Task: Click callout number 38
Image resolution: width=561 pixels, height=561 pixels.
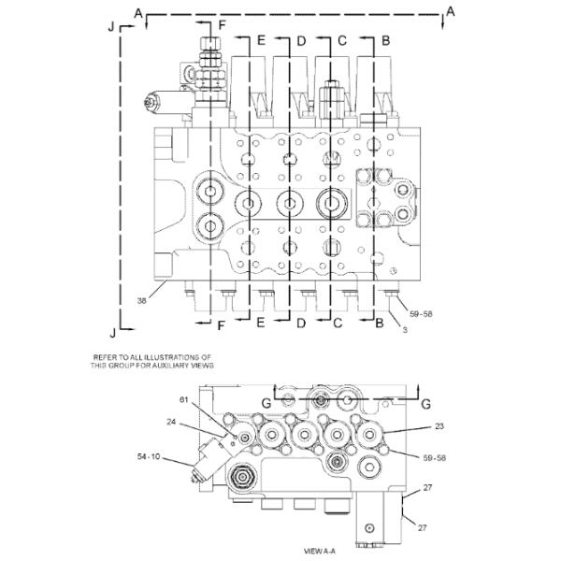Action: coord(139,301)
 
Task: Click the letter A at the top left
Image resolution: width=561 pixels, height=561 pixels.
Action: coord(138,11)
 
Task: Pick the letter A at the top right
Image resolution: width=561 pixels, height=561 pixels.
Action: coord(451,11)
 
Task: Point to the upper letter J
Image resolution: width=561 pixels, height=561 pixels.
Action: coord(111,28)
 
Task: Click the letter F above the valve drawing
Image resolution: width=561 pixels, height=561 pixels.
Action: coord(222,22)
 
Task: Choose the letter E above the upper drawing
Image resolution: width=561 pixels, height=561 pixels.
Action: coord(262,41)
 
